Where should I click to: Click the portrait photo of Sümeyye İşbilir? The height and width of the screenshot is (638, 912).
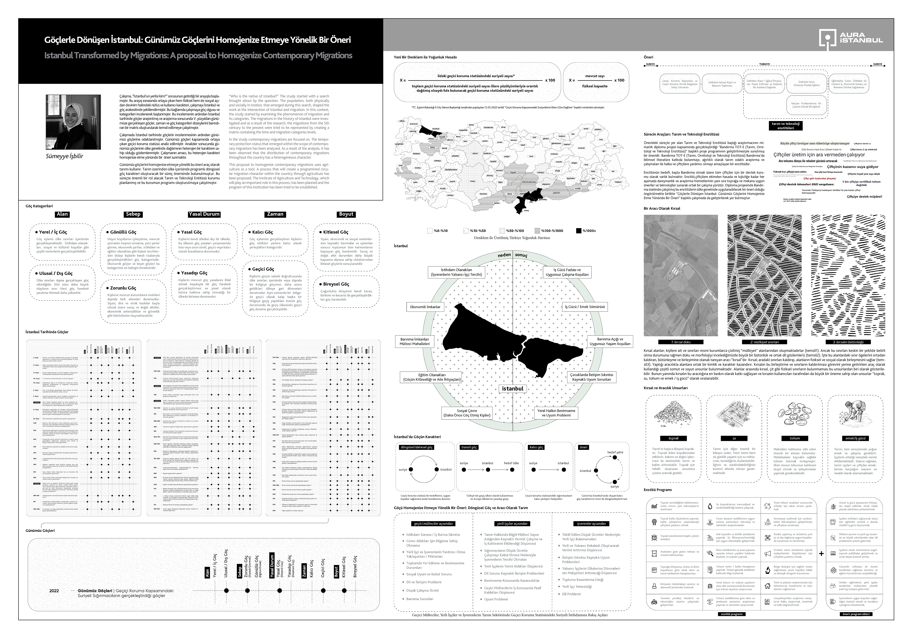point(73,122)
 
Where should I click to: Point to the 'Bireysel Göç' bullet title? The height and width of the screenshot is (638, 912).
point(336,284)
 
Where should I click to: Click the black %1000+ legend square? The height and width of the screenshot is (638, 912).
point(578,231)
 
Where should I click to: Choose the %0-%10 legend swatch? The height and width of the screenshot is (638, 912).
point(430,231)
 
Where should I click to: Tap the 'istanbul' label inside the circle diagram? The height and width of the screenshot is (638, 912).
point(513,389)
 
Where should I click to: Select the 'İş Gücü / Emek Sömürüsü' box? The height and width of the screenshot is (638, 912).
point(585,307)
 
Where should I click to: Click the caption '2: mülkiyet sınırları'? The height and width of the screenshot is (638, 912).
point(764,342)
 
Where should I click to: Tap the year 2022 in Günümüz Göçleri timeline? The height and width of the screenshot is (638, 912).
point(54,590)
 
